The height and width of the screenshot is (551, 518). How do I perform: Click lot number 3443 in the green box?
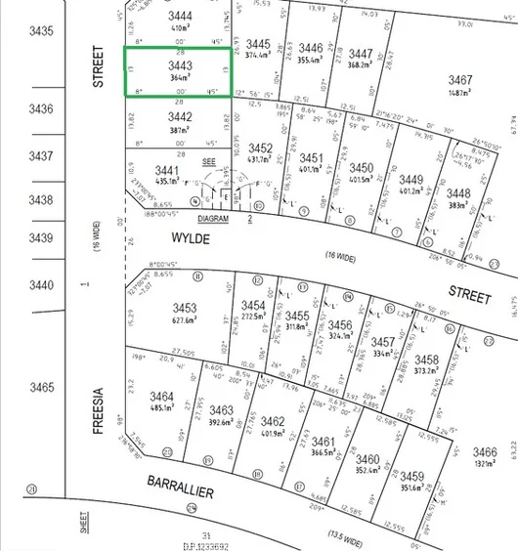tap(179, 65)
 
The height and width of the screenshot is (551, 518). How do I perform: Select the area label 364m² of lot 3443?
tap(179, 77)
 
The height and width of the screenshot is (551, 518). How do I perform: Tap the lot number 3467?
tap(460, 79)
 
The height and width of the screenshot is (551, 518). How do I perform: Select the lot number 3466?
tap(484, 452)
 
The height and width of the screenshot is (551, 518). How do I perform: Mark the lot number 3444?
tap(180, 17)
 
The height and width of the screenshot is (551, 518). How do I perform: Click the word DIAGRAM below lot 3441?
tap(213, 220)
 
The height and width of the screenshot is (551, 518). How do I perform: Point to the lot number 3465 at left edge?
tap(41, 388)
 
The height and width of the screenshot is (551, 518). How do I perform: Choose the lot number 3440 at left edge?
tap(40, 284)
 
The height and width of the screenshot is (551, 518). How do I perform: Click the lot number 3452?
tap(259, 148)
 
